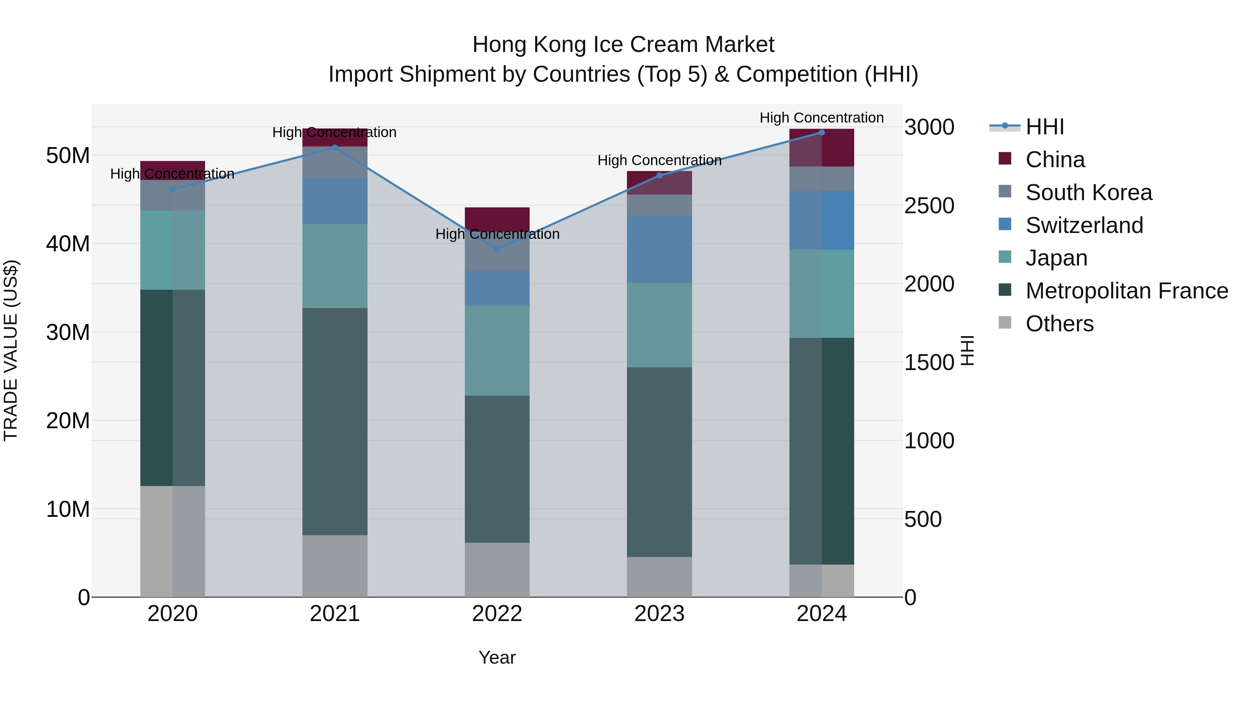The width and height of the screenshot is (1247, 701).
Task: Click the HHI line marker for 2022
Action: pyautogui.click(x=497, y=249)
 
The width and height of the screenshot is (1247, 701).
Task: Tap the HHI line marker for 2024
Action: pyautogui.click(x=822, y=132)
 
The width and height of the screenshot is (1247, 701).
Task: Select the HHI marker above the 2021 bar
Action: pyautogui.click(x=335, y=147)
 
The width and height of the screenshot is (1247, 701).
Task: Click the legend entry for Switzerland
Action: pyautogui.click(x=1084, y=225)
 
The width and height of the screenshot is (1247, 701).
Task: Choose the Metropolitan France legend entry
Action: pyautogui.click(x=1126, y=291)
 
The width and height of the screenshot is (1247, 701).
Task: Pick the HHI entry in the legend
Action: pyautogui.click(x=1045, y=127)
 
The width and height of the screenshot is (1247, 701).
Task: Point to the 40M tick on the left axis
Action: pyautogui.click(x=68, y=244)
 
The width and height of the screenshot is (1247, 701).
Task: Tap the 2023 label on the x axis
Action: pyautogui.click(x=659, y=614)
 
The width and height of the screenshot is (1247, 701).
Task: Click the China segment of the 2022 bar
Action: pyautogui.click(x=497, y=218)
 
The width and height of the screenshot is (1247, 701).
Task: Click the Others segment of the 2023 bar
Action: pyautogui.click(x=659, y=577)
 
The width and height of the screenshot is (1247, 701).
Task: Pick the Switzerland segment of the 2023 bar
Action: pyautogui.click(x=659, y=249)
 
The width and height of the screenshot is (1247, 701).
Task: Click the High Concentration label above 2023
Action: pyautogui.click(x=659, y=160)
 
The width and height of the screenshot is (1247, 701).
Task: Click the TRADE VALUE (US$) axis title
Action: pyautogui.click(x=11, y=350)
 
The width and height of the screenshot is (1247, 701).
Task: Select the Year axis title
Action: pyautogui.click(x=497, y=657)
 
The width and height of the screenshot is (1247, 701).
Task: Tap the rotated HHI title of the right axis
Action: pyautogui.click(x=967, y=350)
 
